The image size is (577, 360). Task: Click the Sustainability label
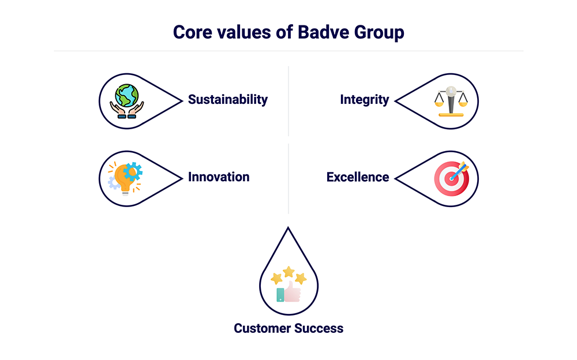228,99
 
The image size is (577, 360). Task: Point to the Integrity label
364,99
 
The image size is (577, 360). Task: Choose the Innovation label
219,177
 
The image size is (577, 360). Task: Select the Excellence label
358,177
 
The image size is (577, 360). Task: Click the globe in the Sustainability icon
126,95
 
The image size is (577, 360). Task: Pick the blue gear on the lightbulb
133,171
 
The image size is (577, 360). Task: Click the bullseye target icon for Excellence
451,179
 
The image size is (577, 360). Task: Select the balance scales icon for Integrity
451,101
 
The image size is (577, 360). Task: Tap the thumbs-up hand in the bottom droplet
293,292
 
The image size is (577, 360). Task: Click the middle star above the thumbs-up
288,272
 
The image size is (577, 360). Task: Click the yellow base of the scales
451,114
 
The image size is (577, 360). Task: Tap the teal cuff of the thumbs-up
280,295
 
